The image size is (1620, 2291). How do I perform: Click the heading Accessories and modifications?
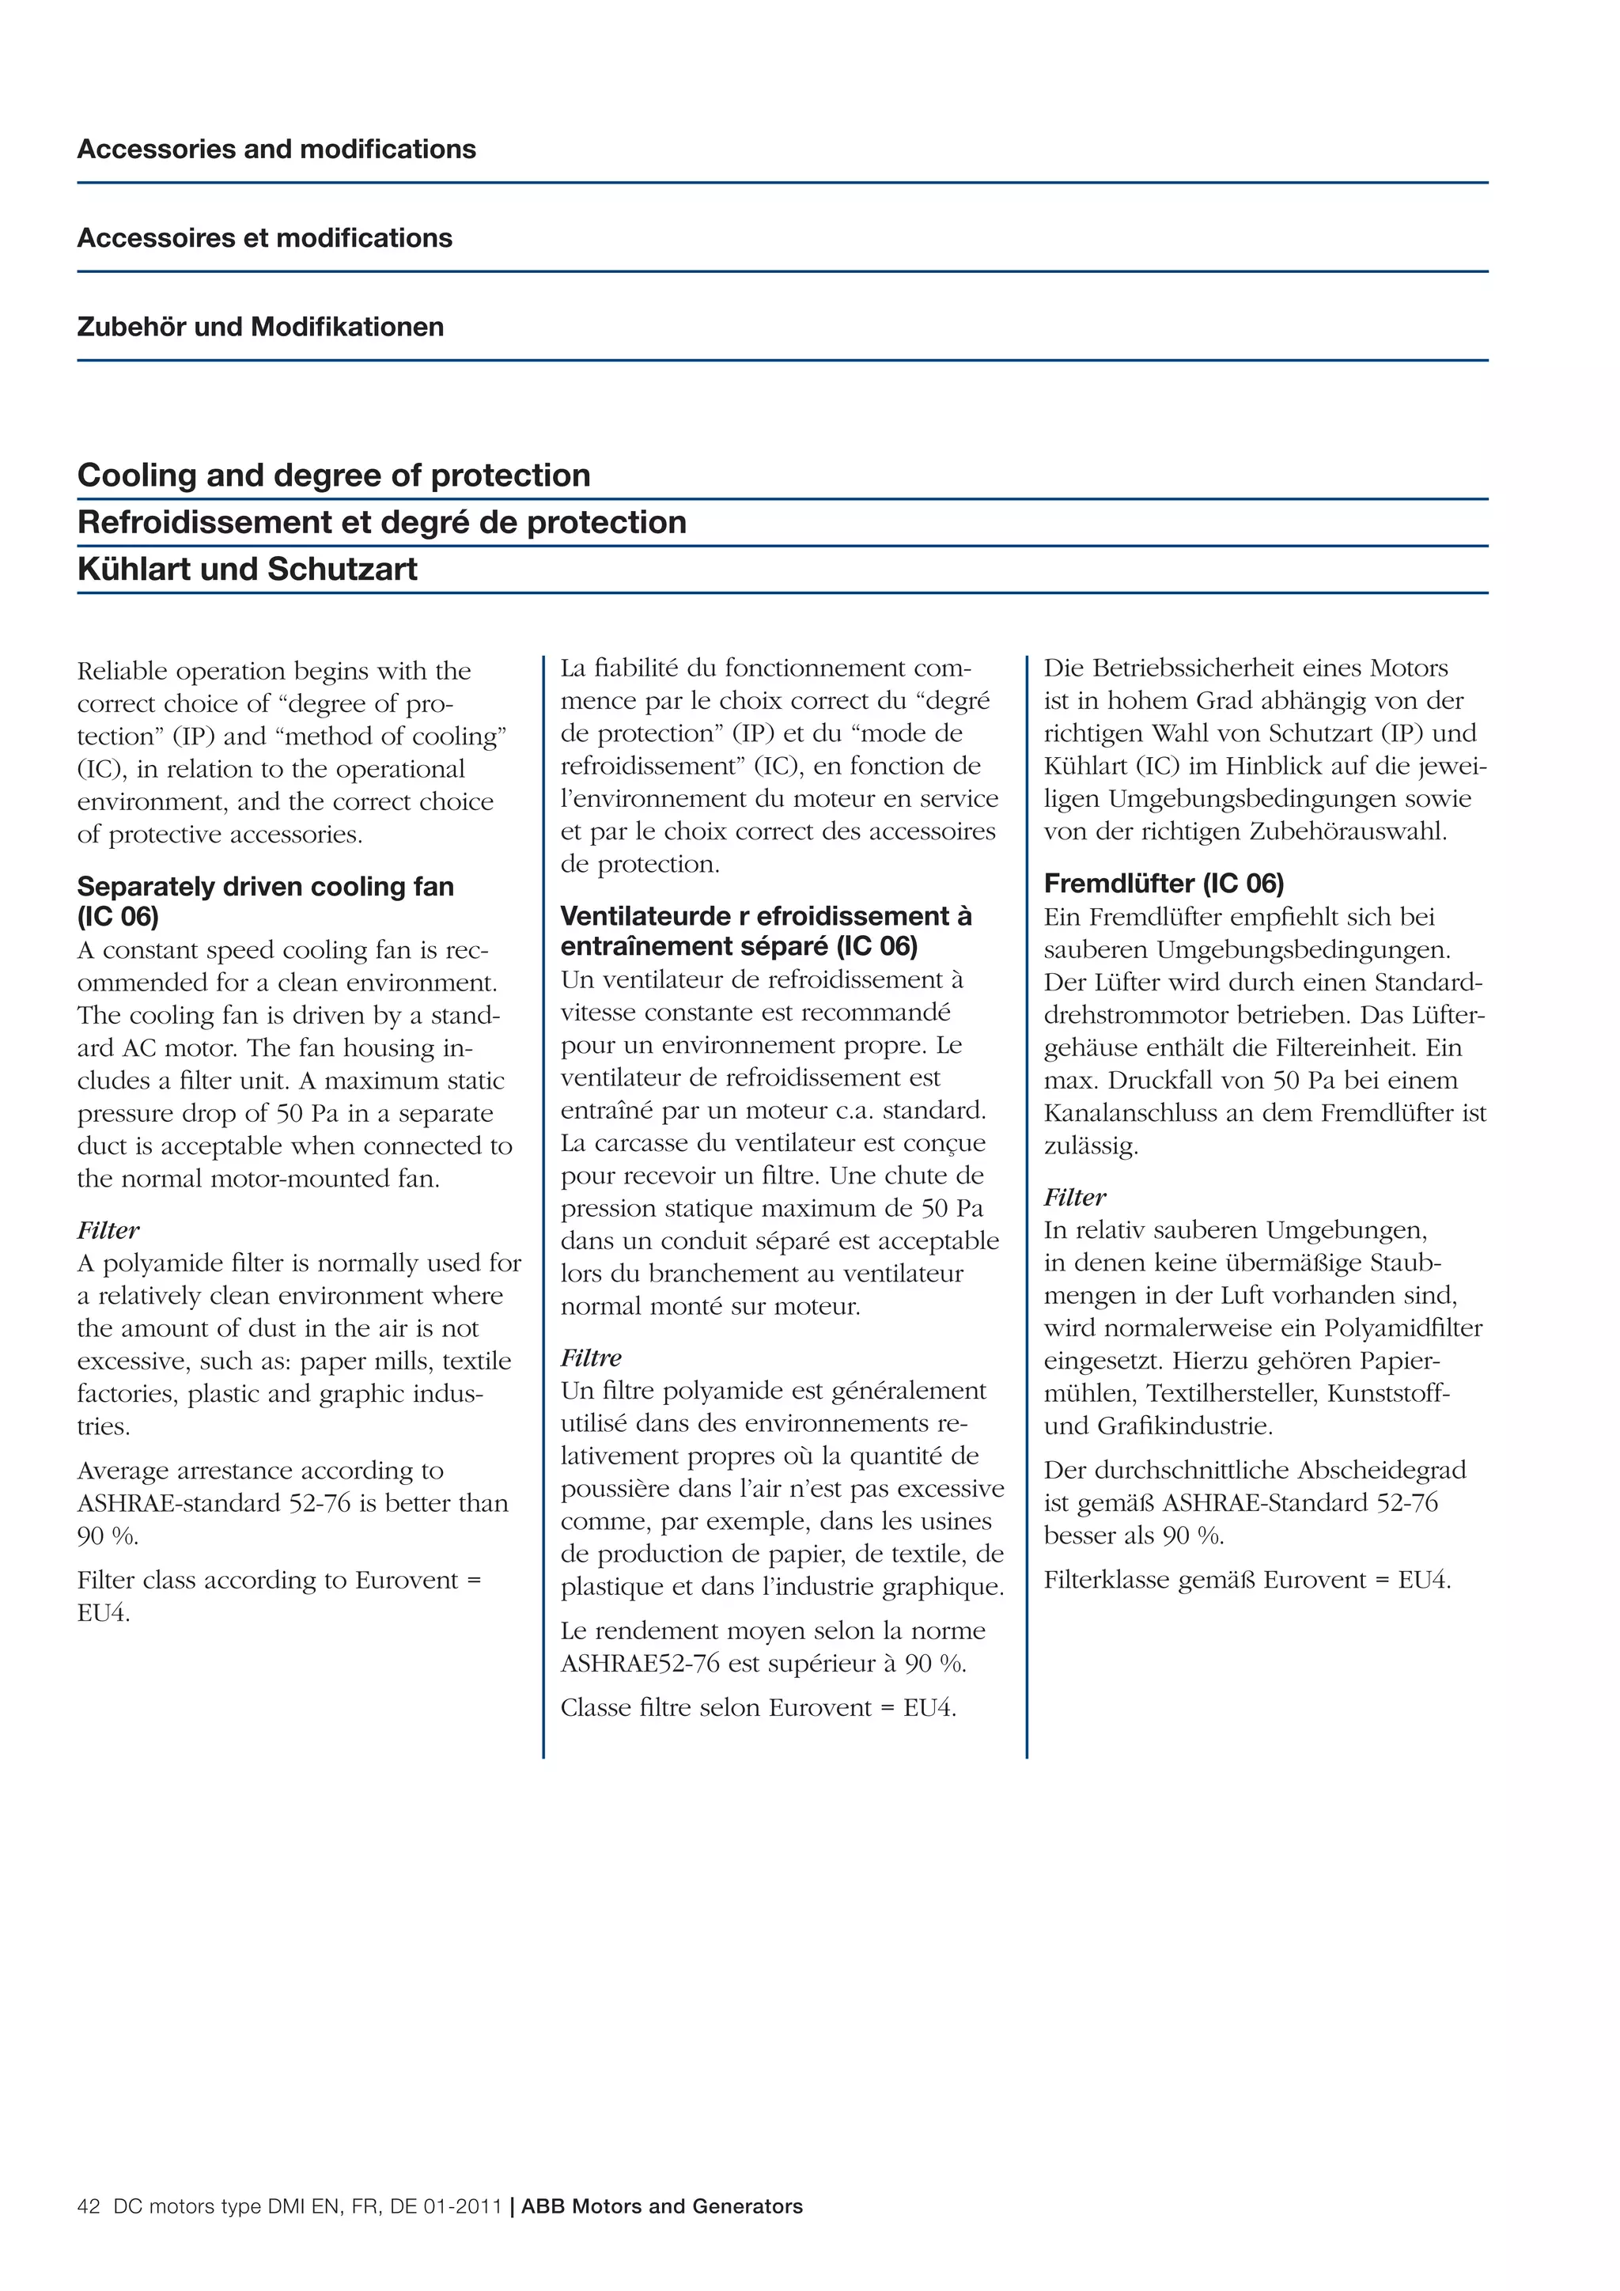click(276, 150)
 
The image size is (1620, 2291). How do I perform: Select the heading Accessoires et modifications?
click(264, 238)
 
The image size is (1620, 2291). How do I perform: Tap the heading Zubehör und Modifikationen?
click(260, 328)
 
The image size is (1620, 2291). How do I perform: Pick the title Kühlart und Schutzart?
click(248, 570)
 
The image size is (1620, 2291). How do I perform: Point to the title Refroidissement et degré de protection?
click(381, 523)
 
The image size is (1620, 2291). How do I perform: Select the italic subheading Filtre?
click(591, 1358)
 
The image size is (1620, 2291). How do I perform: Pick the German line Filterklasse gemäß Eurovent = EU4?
click(1247, 1581)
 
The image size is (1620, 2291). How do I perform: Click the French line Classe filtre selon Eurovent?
click(757, 1708)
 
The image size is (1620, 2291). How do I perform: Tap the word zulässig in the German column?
click(1089, 1146)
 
